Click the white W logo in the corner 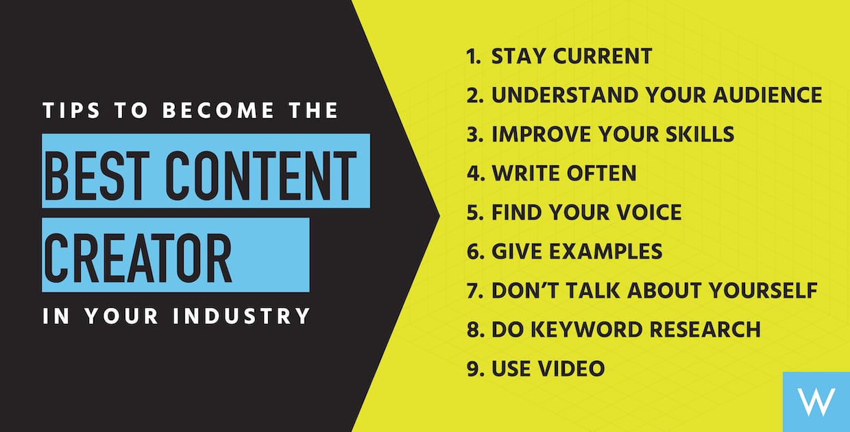[x=817, y=401]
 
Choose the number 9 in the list [x=472, y=368]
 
